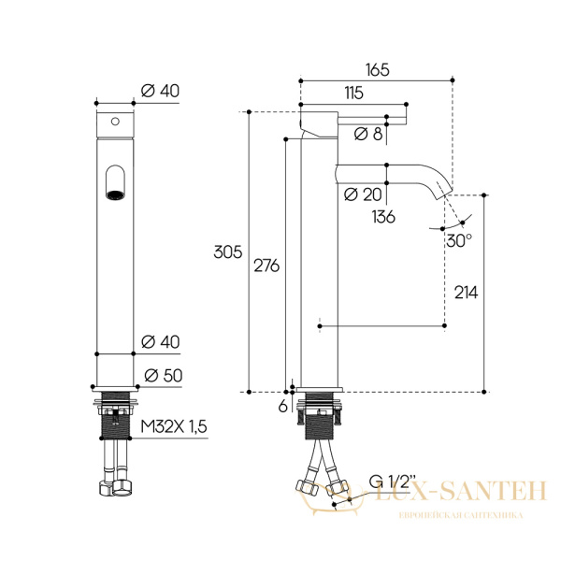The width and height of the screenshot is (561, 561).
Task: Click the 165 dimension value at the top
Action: coord(377,70)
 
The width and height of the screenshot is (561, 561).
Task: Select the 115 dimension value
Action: coord(352,93)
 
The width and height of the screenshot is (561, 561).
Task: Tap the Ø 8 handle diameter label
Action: coord(369,134)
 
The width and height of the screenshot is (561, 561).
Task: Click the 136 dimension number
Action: coord(382,216)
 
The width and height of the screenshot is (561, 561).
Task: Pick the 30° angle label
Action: coord(458,239)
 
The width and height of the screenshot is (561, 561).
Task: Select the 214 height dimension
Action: coord(465,293)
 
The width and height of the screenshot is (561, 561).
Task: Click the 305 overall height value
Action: coord(227,252)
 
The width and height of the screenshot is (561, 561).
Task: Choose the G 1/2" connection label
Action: coord(389,482)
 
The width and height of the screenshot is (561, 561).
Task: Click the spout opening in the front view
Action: coord(115,183)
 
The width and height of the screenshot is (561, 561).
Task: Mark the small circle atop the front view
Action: coord(115,122)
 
